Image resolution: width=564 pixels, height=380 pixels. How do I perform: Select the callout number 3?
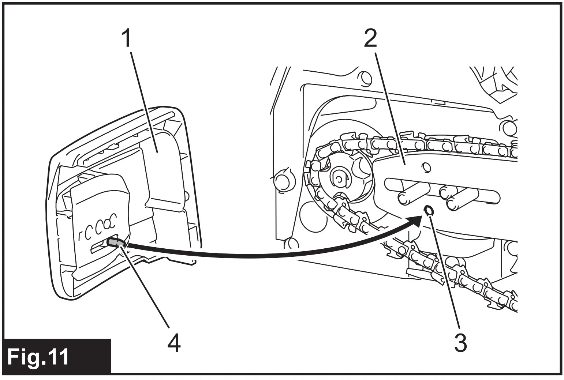click(x=460, y=343)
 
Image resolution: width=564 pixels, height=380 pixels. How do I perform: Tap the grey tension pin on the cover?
click(x=115, y=242)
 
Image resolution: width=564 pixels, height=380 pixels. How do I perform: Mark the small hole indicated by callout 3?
click(x=428, y=210)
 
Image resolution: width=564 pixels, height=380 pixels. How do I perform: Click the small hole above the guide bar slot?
click(x=426, y=168)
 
